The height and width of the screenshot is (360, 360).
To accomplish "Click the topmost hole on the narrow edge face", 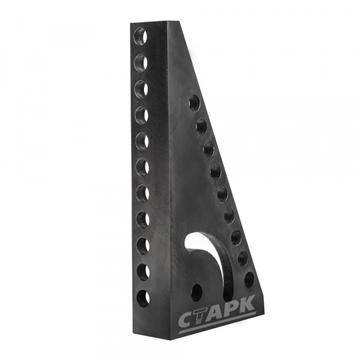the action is [x=140, y=36].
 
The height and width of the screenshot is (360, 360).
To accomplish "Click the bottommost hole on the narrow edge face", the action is [x=143, y=298].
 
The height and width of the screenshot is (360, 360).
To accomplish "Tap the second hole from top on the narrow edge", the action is [x=140, y=62].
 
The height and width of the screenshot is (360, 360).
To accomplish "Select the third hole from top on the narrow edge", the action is [x=141, y=88].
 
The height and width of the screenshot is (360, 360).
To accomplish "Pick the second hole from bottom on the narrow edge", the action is [x=143, y=272].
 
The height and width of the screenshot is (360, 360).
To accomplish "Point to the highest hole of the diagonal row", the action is [x=194, y=103].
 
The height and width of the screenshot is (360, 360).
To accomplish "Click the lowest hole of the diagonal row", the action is [x=249, y=280].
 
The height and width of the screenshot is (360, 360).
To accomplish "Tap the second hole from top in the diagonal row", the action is [x=202, y=126].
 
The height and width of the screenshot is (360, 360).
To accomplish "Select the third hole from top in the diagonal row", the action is [x=209, y=149].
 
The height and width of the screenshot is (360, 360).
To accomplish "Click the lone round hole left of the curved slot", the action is [x=197, y=293].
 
